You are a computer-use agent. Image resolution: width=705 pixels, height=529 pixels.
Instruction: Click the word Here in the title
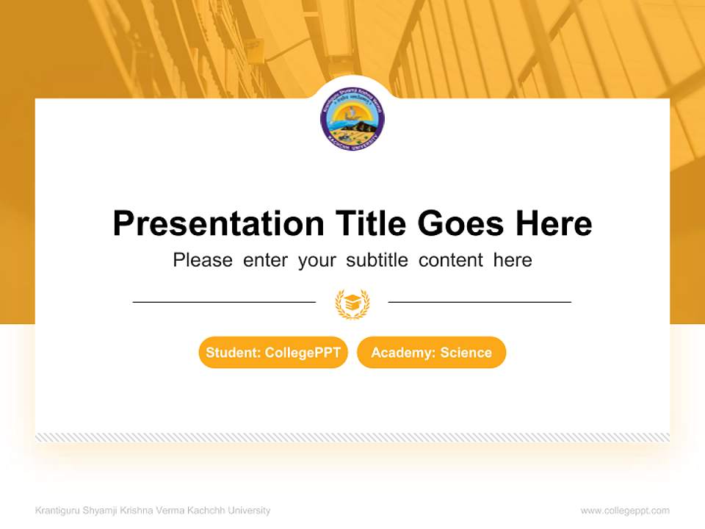tap(554, 223)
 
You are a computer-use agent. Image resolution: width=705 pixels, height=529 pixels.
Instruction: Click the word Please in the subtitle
tap(203, 260)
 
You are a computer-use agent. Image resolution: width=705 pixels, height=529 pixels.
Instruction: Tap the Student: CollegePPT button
tap(273, 353)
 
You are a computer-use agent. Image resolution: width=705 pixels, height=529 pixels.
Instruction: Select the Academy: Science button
tap(431, 353)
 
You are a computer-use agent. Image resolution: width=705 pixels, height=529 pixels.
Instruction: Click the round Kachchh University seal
tap(352, 119)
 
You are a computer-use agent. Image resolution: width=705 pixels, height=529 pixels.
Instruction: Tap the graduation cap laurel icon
tap(352, 303)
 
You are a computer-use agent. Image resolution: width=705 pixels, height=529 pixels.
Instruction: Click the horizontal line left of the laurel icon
tap(224, 301)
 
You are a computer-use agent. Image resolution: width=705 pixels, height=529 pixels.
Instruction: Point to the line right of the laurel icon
tap(480, 301)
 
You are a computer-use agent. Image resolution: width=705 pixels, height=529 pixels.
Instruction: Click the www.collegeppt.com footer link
tap(625, 511)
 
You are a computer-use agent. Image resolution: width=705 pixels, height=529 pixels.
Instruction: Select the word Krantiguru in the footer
tap(57, 511)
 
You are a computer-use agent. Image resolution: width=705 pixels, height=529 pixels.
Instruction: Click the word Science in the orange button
tap(466, 353)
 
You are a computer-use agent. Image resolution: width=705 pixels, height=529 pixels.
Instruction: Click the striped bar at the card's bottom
tap(352, 437)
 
